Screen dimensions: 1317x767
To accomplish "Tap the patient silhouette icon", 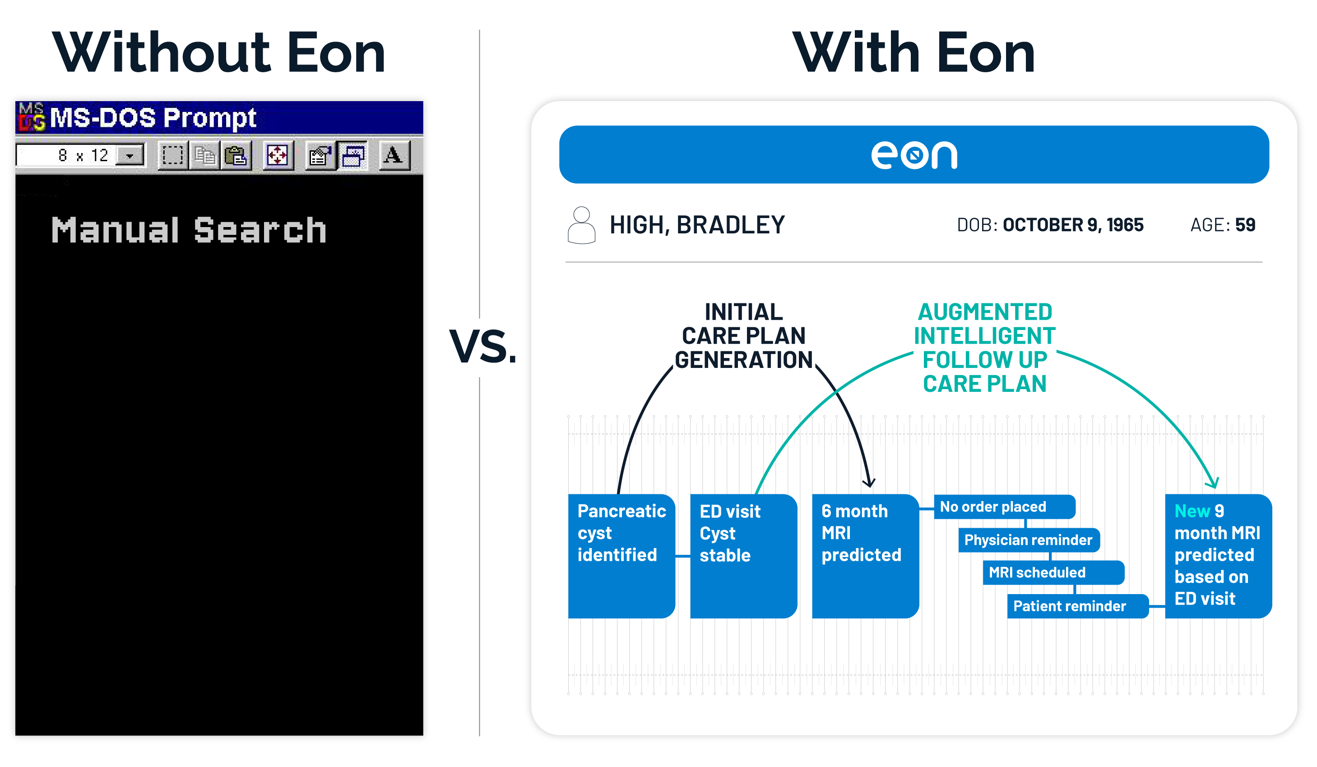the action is pos(581,225).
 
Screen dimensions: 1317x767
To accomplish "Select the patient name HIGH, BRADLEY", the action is pos(697,225).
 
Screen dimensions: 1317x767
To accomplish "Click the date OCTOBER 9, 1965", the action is pos(1073,225).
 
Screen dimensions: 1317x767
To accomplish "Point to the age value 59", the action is pos(1245,225).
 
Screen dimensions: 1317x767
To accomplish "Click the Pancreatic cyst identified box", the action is pos(621,556).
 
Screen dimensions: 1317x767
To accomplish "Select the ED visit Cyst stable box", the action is pos(743,556).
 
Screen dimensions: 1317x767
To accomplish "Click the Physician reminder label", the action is pos(1029,539).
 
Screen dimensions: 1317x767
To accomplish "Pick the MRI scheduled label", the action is pos(1053,572).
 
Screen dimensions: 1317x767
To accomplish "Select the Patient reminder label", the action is pos(1078,606).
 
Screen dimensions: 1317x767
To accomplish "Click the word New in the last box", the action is pos(1192,511).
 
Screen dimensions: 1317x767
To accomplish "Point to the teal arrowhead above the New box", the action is pos(1214,483).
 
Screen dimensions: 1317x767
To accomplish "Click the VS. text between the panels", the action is pos(483,346).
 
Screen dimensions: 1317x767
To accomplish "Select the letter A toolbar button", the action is pos(393,155).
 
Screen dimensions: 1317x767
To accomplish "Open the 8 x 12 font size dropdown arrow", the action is pos(130,155).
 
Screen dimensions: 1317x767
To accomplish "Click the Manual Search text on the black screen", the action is pos(189,230).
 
